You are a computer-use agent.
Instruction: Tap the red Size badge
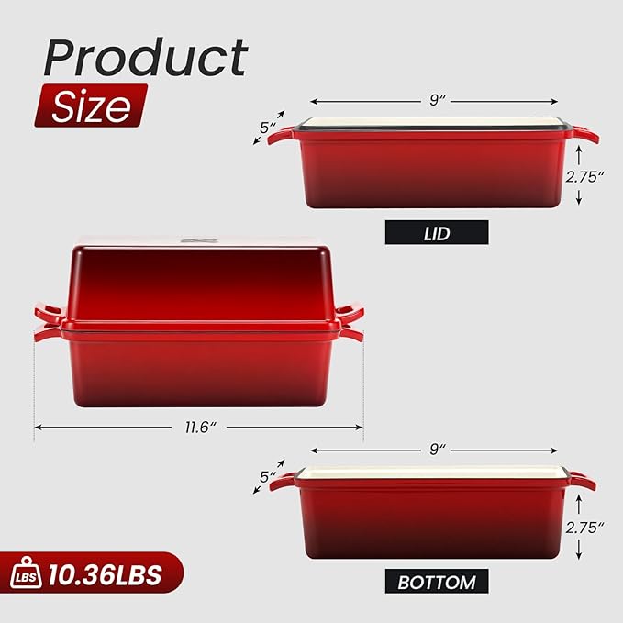tap(90, 106)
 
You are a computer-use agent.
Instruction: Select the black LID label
tap(437, 233)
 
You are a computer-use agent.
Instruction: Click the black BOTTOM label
tap(437, 581)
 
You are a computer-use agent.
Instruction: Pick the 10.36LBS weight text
tap(107, 575)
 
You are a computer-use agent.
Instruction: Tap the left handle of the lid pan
tap(281, 135)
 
